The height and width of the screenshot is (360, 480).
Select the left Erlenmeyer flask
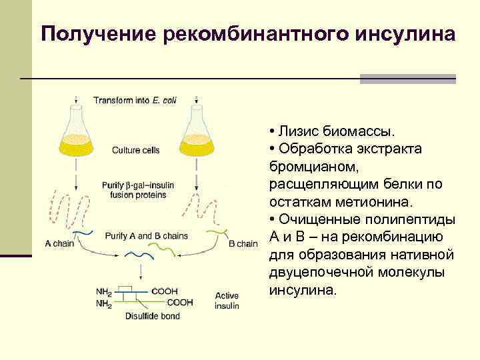pos(77,130)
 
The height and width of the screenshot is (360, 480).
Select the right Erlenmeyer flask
pos(197,130)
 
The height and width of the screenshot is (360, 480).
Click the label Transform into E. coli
pos(135,101)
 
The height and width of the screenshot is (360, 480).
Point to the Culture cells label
pos(135,150)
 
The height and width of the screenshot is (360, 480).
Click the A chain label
pos(59,244)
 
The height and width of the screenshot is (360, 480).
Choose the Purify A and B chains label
pos(146,236)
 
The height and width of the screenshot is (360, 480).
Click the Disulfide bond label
pos(152,316)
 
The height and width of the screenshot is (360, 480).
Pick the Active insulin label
pos(227,300)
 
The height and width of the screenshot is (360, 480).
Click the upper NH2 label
pos(104,291)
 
